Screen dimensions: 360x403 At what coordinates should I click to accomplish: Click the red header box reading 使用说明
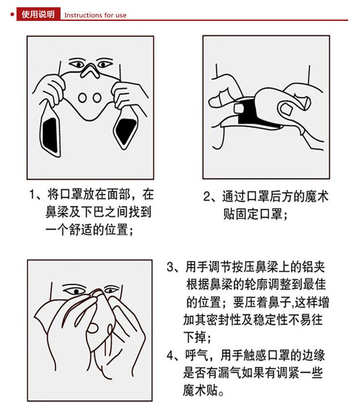[38, 14]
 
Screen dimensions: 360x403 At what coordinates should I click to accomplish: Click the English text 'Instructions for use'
[96, 15]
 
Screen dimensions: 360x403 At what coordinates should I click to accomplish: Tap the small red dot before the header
[12, 15]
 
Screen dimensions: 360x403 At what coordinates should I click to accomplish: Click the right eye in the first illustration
[104, 64]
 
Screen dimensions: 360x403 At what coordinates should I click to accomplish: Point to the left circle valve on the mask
[82, 98]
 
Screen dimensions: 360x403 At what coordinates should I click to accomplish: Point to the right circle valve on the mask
[97, 98]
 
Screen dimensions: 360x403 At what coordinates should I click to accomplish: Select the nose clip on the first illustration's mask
[90, 71]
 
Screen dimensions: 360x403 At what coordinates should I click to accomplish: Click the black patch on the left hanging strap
[51, 135]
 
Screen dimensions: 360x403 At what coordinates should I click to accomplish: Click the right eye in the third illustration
[111, 290]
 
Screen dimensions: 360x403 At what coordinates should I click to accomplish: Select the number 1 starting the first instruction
[32, 195]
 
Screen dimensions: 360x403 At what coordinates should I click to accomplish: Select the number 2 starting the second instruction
[207, 197]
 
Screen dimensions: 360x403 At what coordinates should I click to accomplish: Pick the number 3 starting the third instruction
[170, 267]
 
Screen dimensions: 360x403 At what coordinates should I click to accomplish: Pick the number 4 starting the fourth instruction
[170, 355]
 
